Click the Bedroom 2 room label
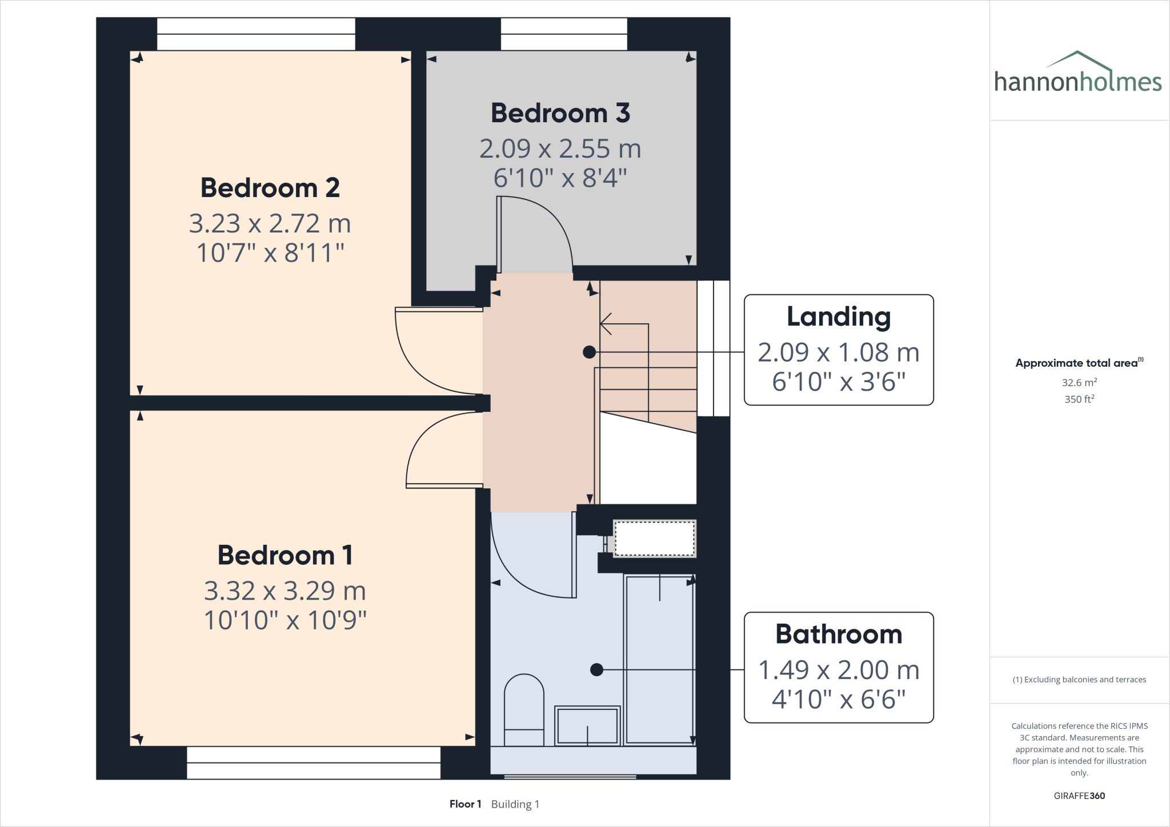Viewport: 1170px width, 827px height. (270, 188)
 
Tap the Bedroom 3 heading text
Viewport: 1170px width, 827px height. (560, 113)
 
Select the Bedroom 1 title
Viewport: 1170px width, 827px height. (285, 555)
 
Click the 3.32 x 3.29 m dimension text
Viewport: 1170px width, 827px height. (285, 591)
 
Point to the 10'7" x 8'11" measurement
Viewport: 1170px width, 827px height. (270, 253)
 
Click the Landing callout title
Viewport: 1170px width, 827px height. (838, 317)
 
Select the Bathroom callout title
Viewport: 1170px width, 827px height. (838, 635)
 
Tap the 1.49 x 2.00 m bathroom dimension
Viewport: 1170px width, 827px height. (838, 670)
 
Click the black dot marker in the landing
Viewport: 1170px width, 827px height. (589, 352)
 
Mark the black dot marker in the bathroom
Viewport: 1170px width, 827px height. (596, 669)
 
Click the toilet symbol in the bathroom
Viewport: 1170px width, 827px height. (524, 710)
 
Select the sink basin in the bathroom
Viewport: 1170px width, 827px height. (587, 725)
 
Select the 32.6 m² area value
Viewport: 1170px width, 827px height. (1079, 383)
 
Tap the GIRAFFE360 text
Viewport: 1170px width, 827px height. (1079, 796)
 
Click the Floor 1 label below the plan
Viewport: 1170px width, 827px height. (465, 804)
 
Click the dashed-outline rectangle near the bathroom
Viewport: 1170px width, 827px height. (654, 538)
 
